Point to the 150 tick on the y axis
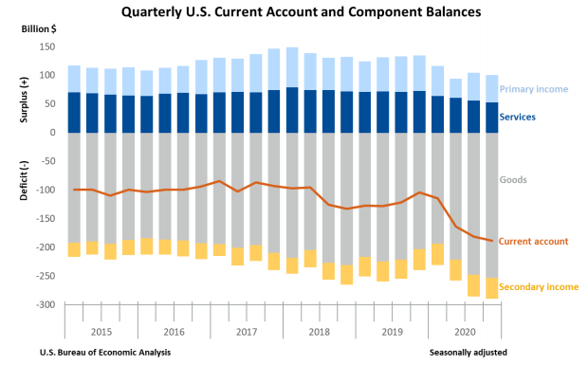pyautogui.click(x=45, y=46)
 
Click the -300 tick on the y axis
pyautogui.click(x=43, y=305)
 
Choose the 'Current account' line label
pyautogui.click(x=534, y=242)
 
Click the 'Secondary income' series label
pyautogui.click(x=539, y=286)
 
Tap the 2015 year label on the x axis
pyautogui.click(x=101, y=332)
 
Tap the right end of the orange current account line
pyautogui.click(x=491, y=240)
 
